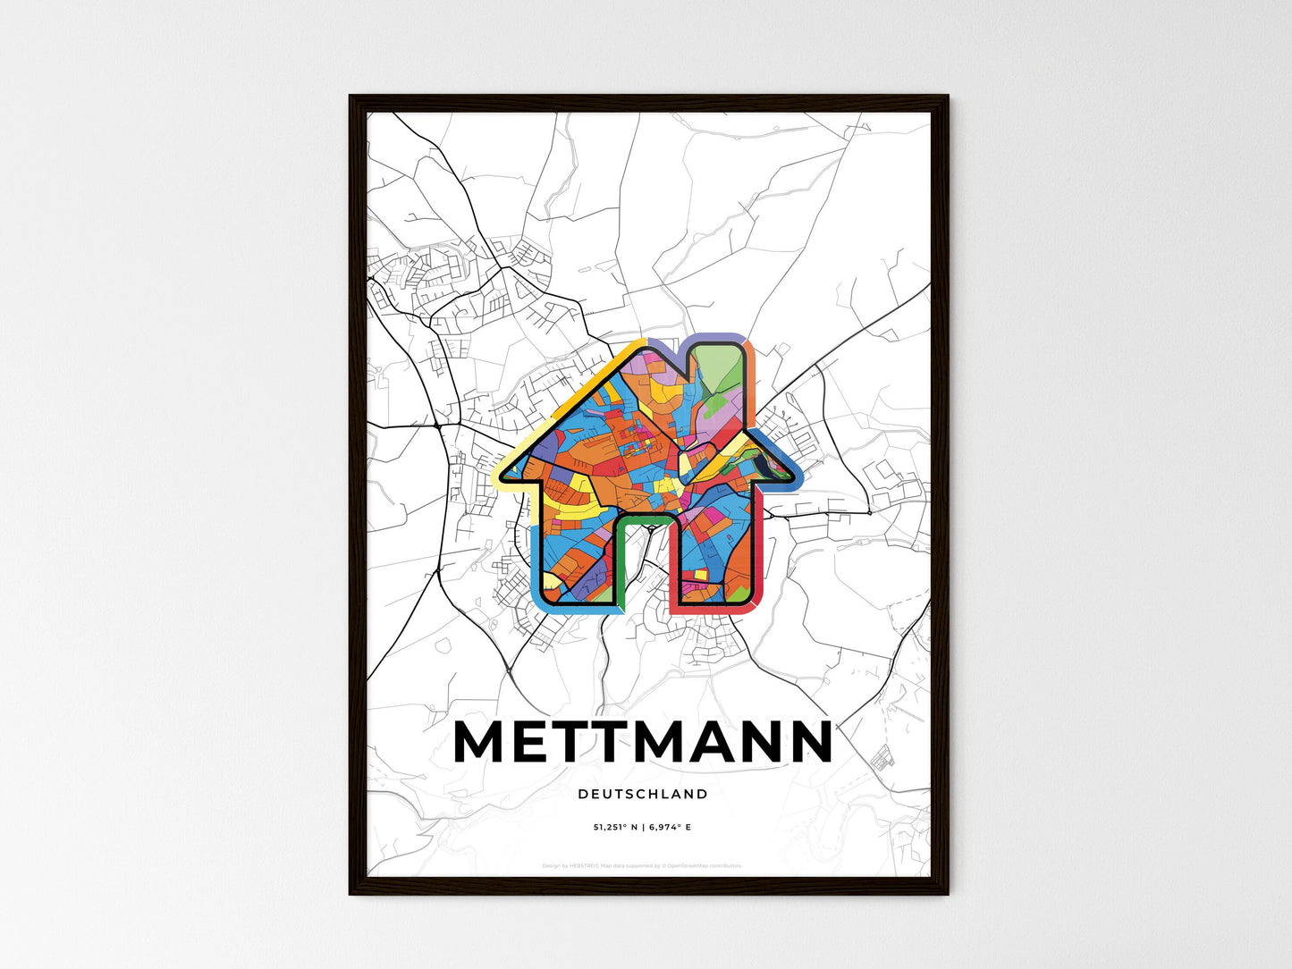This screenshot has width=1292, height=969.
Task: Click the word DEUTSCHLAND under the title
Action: tap(642, 794)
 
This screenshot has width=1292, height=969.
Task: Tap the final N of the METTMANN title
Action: tap(807, 742)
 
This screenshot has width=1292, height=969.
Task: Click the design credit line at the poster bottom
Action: tap(642, 865)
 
